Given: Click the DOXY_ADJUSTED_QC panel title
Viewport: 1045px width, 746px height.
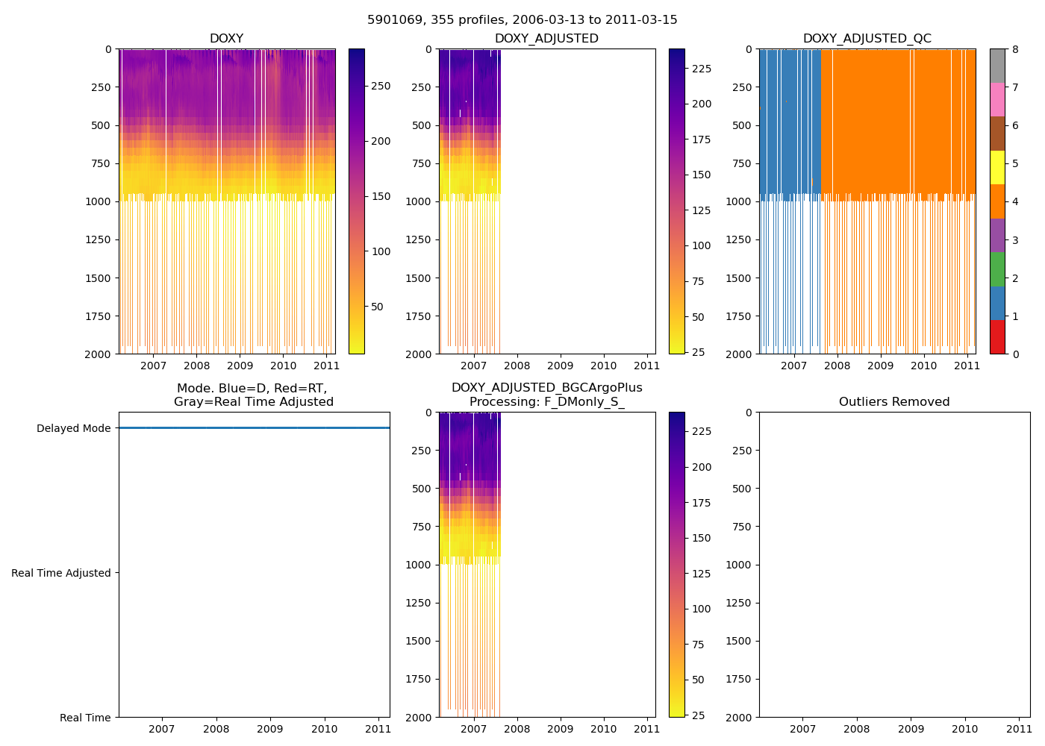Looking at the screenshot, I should click(867, 39).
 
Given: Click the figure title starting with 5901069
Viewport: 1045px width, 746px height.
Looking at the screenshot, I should click(522, 20).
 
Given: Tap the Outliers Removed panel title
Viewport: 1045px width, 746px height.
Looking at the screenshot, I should click(893, 402).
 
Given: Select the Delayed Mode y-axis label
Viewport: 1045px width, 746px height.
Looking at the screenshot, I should click(73, 428).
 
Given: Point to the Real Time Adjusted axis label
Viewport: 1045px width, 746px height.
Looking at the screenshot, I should click(61, 573).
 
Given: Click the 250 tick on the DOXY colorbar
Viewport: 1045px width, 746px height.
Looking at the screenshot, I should click(381, 87).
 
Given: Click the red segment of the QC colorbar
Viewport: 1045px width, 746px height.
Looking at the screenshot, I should click(997, 336).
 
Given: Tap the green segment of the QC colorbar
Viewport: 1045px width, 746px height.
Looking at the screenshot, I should click(997, 269).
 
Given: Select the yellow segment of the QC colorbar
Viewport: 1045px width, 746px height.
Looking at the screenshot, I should click(997, 168).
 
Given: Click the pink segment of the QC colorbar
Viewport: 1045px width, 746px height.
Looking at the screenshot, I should click(997, 100).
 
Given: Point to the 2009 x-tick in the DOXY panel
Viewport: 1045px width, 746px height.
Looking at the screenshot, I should click(240, 366).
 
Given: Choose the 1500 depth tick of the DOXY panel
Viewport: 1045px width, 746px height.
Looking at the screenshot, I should click(99, 278).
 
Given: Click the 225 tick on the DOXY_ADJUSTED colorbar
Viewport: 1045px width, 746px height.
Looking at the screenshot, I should click(701, 69).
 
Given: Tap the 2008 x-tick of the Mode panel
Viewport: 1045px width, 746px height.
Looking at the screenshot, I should click(216, 729).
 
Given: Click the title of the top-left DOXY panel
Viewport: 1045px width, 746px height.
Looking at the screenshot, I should click(226, 39).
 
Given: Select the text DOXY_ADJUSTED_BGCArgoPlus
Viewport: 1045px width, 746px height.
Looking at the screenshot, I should click(546, 388).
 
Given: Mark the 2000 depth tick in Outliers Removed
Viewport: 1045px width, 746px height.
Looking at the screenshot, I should click(739, 718).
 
